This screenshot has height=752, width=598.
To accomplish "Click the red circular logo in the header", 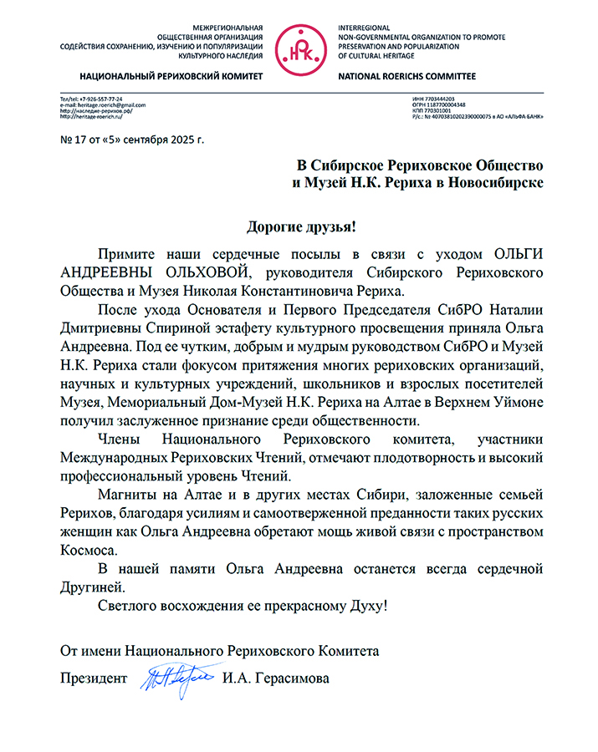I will click(299, 48).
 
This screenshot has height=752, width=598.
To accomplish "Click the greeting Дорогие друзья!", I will click(300, 226).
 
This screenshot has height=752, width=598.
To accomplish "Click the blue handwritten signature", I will click(181, 675).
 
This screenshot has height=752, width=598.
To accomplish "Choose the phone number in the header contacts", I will click(97, 99).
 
